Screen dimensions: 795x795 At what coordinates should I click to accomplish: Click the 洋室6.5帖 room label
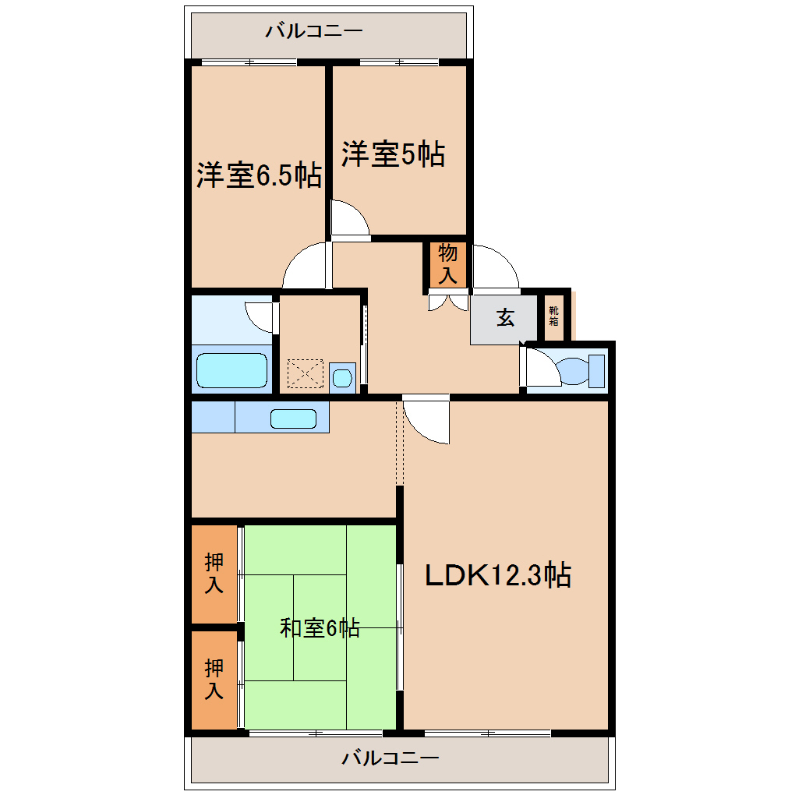pos(259,175)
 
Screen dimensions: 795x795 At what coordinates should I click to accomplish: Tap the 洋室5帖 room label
pos(393,154)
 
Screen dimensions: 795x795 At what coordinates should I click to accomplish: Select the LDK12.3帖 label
pos(498,575)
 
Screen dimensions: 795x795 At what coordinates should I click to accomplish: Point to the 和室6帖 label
pos(320,627)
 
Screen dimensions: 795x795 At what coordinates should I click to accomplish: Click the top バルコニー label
pos(314,31)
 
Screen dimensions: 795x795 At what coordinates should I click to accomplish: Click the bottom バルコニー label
pos(390,758)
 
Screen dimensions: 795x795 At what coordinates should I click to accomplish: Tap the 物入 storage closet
pos(447,265)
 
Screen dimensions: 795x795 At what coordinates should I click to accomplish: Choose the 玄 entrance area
pos(503,320)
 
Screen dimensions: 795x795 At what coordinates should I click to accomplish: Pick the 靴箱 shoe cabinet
pos(553,317)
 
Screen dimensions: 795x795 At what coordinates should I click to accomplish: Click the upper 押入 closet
pos(214,574)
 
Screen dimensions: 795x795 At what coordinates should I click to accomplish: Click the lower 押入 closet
pos(214,680)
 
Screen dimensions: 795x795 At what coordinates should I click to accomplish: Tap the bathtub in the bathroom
pos(231,370)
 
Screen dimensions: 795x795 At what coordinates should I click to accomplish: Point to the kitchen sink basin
pos(293,419)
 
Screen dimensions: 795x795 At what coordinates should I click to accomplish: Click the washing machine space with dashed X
pos(306,373)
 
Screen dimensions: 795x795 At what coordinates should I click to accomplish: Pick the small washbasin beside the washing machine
pos(342,378)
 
